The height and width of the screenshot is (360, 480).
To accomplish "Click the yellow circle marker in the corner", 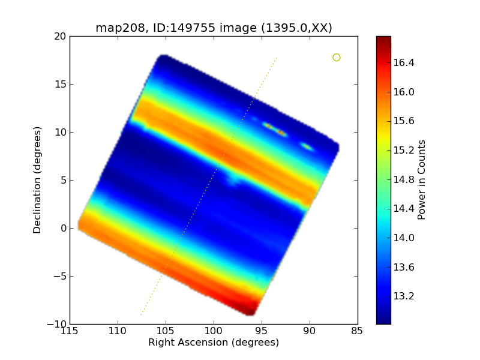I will pyautogui.click(x=337, y=58).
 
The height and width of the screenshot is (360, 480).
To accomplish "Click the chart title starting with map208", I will pyautogui.click(x=214, y=28).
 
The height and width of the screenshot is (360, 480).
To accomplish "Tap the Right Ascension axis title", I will pyautogui.click(x=214, y=343).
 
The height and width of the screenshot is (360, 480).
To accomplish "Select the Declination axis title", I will pyautogui.click(x=37, y=180).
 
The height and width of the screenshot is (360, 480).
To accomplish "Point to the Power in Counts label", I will pyautogui.click(x=422, y=180).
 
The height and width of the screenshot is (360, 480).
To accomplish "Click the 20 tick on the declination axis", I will pyautogui.click(x=59, y=36).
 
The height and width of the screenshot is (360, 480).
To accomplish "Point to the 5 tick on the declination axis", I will pyautogui.click(x=62, y=180).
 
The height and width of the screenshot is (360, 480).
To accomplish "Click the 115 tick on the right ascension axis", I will pyautogui.click(x=70, y=332).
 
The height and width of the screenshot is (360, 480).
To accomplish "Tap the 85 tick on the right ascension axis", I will pyautogui.click(x=358, y=332).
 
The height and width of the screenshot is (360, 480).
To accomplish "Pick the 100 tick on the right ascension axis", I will pyautogui.click(x=214, y=332).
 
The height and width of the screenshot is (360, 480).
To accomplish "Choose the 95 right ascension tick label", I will pyautogui.click(x=262, y=332).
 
